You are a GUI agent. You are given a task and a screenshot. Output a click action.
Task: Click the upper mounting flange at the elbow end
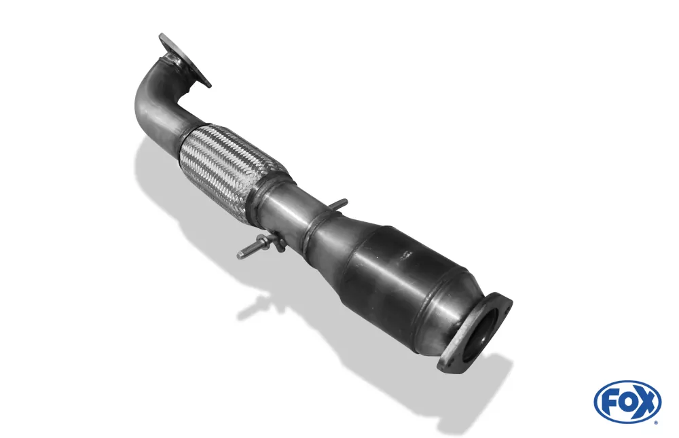pos(185,60)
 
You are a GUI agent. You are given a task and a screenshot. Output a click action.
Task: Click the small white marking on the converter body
pos(406,255)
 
